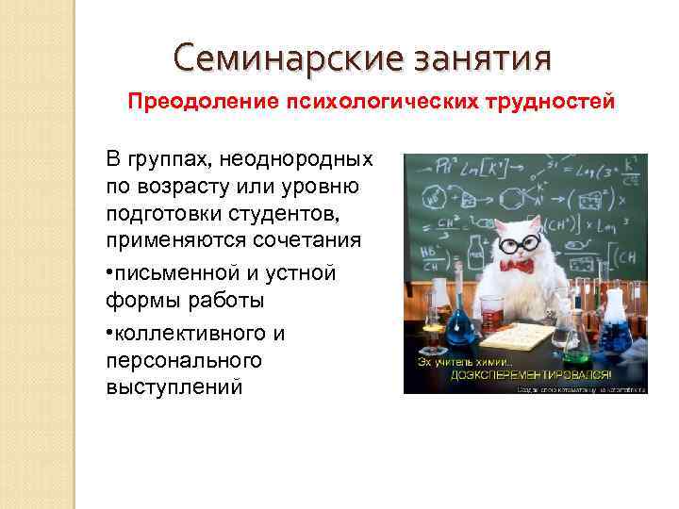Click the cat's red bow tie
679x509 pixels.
pos(517,267)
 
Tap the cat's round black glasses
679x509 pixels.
pos(519,242)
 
